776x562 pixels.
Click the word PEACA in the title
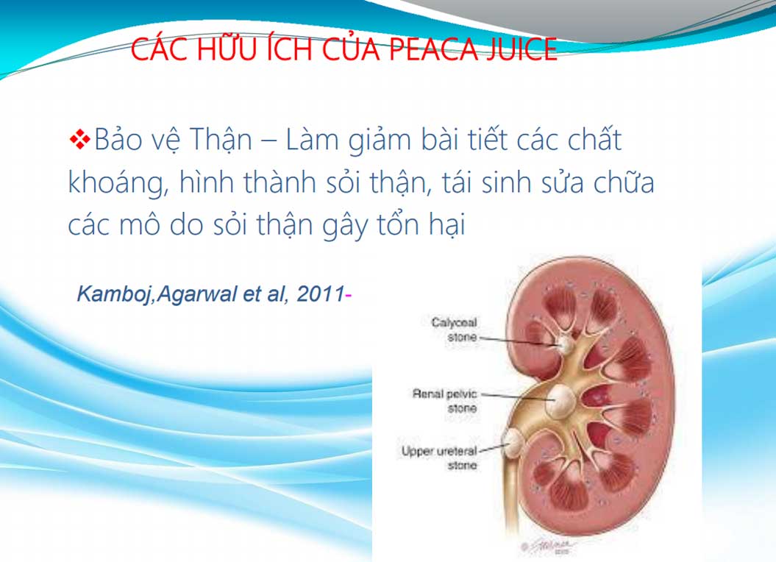[433, 49]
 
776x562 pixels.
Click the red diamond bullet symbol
[79, 139]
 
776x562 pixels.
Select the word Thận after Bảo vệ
[221, 140]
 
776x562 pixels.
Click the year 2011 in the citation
[320, 294]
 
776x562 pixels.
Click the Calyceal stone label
[454, 330]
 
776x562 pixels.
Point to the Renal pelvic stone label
[444, 401]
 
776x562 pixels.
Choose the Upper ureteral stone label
[439, 458]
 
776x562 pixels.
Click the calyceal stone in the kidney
[564, 343]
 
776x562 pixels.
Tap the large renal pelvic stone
[560, 400]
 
